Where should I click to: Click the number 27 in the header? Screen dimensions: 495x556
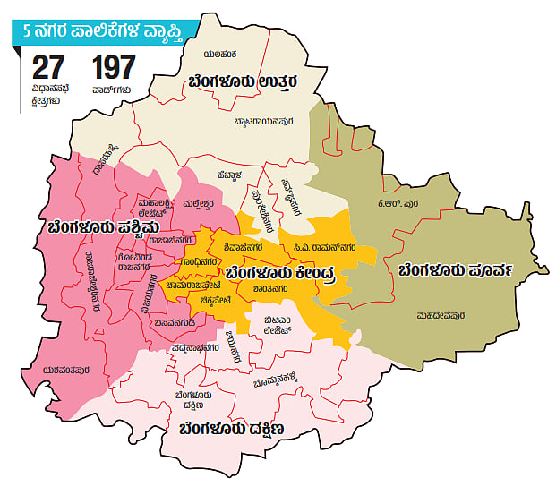tap(50, 69)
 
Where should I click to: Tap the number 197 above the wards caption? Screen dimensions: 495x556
tap(113, 69)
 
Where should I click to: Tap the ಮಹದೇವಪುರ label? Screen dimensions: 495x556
tap(440, 315)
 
